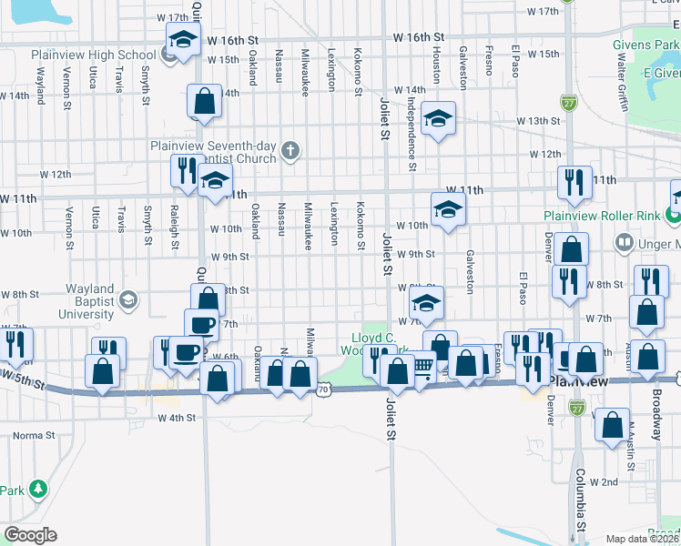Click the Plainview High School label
point(94,55)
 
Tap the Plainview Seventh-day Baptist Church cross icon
point(290,150)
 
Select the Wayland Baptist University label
point(77,301)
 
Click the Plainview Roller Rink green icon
point(672,216)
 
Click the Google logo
point(30,535)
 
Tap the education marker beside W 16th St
point(183,40)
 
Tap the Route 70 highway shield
point(325,389)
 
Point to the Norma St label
point(35,435)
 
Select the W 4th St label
point(177,419)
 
